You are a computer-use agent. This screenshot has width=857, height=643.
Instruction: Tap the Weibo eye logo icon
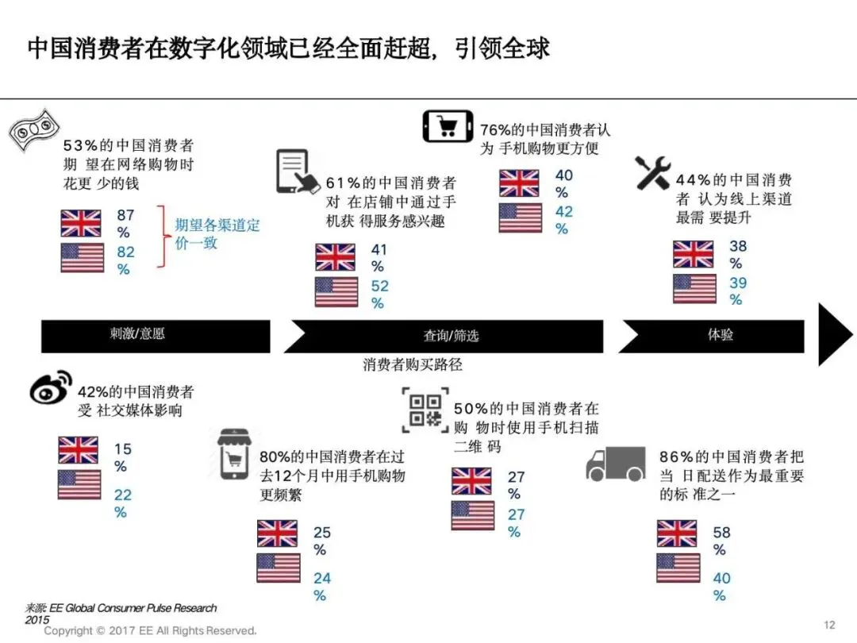coord(50,387)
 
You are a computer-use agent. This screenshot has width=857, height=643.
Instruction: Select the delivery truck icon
coord(615,464)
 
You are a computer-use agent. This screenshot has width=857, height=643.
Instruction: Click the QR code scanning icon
coord(425,410)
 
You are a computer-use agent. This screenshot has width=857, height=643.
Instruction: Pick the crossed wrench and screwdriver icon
coord(653,173)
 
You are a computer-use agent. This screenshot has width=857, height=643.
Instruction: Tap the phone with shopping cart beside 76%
coord(448,126)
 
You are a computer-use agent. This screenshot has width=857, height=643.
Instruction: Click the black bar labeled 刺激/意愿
coord(156,335)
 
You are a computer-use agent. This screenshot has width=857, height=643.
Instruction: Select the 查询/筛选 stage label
coord(451,336)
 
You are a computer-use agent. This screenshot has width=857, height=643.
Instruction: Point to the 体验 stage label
coord(720,334)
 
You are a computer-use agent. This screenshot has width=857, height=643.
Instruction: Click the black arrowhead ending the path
coord(834,334)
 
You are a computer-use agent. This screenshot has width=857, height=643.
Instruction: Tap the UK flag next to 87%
coord(81,223)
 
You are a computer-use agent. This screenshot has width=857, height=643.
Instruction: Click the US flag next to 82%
coord(82,257)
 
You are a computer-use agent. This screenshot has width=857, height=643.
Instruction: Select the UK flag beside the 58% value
coord(677,533)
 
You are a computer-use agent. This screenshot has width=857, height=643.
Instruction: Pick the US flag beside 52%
coord(336,291)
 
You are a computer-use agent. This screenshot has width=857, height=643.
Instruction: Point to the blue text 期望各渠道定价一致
coord(217,233)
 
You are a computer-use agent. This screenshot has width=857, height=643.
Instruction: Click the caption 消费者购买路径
coord(412,365)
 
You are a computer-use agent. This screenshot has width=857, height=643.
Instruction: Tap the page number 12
coord(830,626)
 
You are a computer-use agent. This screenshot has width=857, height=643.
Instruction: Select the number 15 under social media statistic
coord(123,449)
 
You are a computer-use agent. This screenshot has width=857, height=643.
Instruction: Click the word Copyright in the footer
coord(69,630)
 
